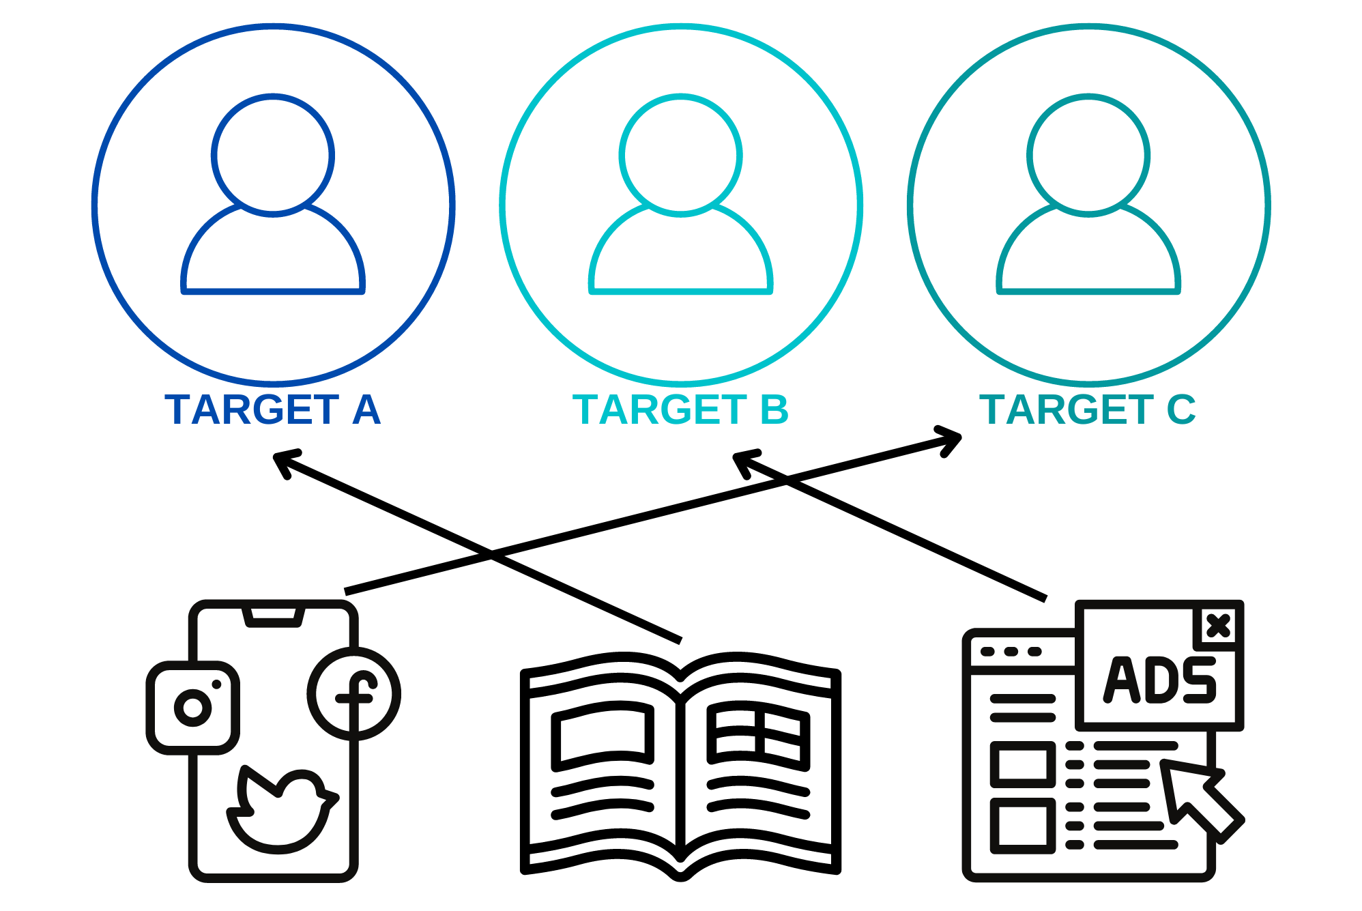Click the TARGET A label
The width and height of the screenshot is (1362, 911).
point(272,409)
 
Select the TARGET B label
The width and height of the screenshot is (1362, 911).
point(680,409)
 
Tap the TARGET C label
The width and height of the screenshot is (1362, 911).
point(1088,409)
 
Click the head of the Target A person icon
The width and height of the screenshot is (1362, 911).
point(273,156)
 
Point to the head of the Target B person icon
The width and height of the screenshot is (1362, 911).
point(681,156)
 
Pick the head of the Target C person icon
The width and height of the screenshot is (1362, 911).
point(1088,156)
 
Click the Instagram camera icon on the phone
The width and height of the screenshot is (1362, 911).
point(193,708)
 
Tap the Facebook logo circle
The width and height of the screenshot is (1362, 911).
point(354,694)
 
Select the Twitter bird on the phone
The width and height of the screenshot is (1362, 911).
point(282,809)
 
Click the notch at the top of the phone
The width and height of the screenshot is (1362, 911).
point(273,616)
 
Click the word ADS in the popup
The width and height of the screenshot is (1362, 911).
point(1160,680)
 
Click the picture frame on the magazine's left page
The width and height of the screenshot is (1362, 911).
point(603,737)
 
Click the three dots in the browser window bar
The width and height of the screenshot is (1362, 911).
point(1011,652)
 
